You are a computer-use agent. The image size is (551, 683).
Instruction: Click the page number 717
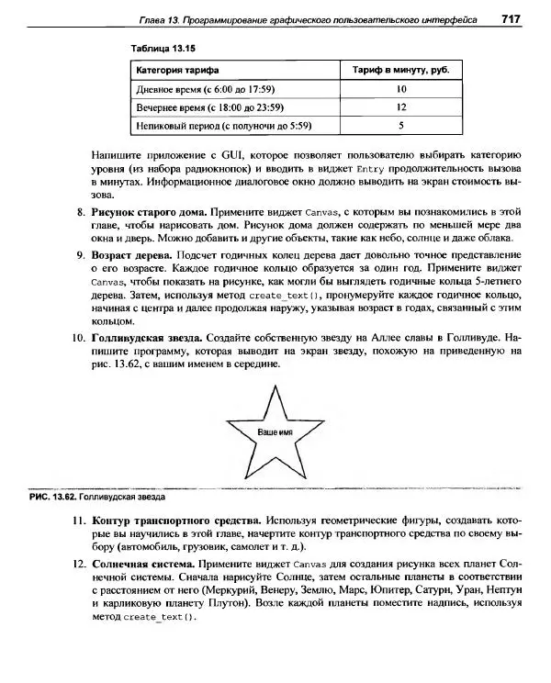(x=512, y=19)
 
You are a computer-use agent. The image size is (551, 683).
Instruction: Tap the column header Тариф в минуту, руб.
(x=401, y=70)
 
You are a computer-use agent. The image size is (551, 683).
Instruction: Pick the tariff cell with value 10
(x=401, y=89)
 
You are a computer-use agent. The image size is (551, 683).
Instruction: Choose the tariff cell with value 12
(x=401, y=107)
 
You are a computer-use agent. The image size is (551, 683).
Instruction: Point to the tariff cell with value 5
(x=401, y=126)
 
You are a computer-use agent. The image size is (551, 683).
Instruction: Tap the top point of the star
(x=275, y=386)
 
